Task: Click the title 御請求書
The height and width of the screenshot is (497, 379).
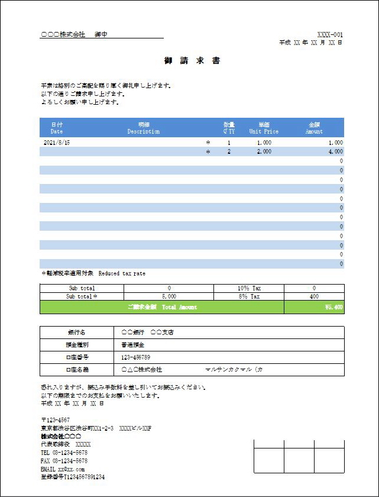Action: pos(192,61)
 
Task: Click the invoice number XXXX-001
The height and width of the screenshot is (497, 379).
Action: pos(330,35)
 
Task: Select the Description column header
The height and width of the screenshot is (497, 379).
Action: pos(144,128)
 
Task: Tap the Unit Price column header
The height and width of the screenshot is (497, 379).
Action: pos(264,128)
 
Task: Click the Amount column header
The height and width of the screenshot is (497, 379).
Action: pos(314,128)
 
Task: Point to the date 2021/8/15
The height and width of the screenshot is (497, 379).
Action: pos(57,143)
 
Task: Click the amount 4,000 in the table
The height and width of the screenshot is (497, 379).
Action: pos(335,152)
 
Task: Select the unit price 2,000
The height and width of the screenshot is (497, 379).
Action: pos(264,152)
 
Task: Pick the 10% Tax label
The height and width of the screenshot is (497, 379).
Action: pos(248,288)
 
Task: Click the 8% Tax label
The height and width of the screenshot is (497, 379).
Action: pos(248,296)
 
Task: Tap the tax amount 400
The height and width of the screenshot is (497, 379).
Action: pos(314,296)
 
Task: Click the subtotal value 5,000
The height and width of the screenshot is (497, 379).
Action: pos(169,296)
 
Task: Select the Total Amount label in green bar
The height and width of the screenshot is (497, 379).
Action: pos(162,308)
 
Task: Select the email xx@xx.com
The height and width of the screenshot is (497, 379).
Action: pos(63,469)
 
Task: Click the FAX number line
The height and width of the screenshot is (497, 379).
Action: pos(64,460)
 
